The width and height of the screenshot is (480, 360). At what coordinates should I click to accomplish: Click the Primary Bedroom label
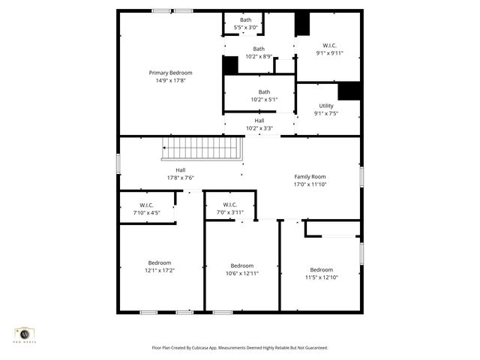[174, 73]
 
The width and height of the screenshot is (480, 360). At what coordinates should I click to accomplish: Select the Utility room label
[326, 106]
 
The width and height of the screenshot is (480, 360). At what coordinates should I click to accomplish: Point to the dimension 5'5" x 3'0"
[246, 28]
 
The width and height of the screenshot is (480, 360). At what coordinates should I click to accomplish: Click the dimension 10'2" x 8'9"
[259, 56]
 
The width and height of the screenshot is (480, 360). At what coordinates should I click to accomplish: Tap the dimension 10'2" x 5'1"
[259, 99]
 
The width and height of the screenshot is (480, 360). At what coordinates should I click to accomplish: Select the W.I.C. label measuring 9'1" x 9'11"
[330, 45]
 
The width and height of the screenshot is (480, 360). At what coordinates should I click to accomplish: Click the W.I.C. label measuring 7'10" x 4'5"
[146, 205]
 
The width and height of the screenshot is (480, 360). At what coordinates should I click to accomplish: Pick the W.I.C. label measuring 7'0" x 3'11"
[230, 205]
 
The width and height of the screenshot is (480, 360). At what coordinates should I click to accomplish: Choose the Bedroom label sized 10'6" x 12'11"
[241, 265]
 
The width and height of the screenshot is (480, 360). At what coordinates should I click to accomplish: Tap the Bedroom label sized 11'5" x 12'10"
[322, 269]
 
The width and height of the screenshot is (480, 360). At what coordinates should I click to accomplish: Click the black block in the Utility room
[349, 91]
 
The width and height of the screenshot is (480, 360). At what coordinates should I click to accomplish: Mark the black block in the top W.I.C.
[302, 24]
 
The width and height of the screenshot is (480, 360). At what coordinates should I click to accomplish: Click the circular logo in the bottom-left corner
[25, 334]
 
